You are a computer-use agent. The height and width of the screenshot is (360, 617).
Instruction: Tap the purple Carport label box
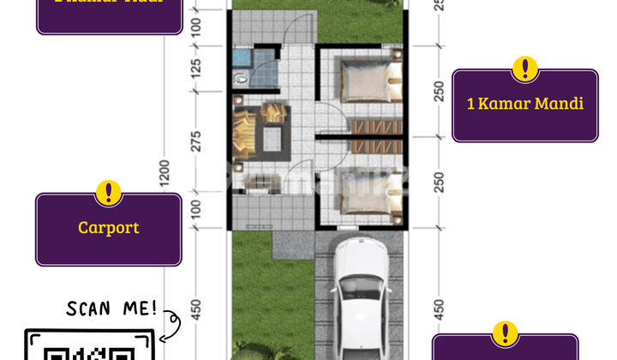[108, 229]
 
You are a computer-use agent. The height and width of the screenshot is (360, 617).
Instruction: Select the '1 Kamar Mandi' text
[524, 104]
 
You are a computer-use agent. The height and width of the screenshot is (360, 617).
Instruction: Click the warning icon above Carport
[108, 193]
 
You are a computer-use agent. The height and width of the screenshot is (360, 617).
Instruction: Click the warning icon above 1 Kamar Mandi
[524, 69]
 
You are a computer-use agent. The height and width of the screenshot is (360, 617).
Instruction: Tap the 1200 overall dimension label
[165, 175]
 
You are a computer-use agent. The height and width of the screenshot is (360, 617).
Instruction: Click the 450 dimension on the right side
[439, 308]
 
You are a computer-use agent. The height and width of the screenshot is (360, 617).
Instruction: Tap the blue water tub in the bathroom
[242, 59]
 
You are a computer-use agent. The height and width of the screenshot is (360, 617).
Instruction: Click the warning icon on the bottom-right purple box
[506, 333]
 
